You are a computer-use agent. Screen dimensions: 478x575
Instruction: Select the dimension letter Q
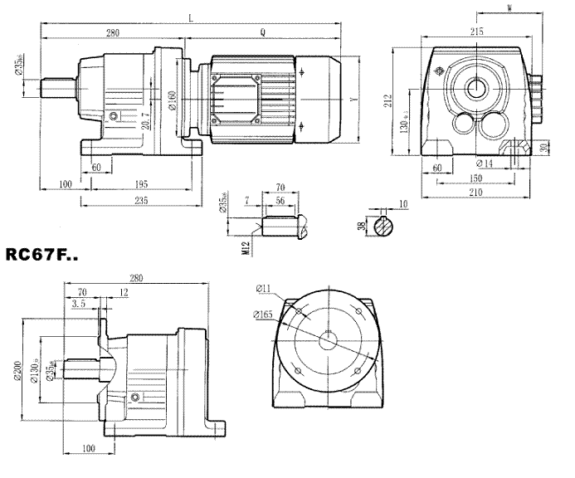(x=263, y=33)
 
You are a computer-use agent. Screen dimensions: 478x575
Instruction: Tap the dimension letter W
(x=508, y=7)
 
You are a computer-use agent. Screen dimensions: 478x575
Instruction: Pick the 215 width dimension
(x=476, y=31)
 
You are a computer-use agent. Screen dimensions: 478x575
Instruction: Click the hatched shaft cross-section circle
(x=383, y=224)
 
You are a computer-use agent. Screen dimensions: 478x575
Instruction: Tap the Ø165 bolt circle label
(x=265, y=315)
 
